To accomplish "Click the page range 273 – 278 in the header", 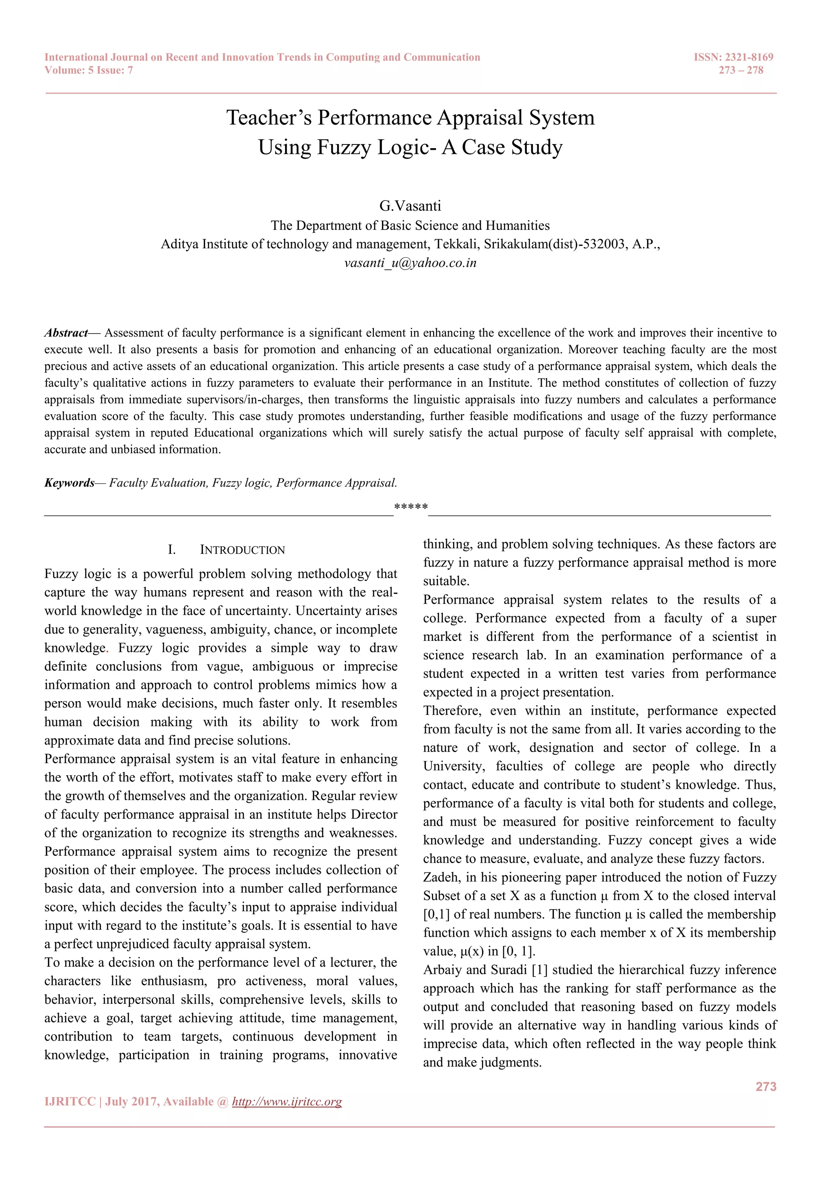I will pos(741,70).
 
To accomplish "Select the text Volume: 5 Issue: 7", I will pos(89,70).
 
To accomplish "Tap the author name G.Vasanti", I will pos(410,206).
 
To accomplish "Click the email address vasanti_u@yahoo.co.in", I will pos(410,263).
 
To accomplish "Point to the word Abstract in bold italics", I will pos(66,333).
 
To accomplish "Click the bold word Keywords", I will pos(69,483).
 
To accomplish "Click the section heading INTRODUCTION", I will pos(242,550).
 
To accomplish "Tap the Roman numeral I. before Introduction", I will pos(172,550).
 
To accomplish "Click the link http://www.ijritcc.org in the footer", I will pos(287,1102).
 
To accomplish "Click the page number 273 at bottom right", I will pos(766,1087).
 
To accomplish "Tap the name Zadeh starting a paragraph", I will pos(441,877).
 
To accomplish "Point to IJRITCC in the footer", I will pos(70,1102).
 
